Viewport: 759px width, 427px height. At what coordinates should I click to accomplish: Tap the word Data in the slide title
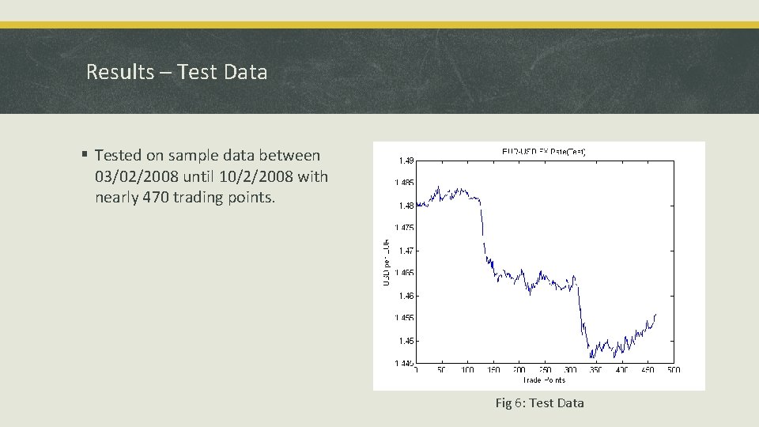(246, 72)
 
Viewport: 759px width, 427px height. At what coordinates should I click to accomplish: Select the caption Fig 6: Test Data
(539, 402)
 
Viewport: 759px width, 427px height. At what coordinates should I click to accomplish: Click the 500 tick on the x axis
(673, 370)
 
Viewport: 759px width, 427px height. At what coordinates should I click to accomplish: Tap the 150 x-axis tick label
(493, 370)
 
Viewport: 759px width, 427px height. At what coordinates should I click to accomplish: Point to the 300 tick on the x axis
(570, 370)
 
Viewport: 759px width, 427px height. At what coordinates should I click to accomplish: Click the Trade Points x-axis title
(544, 380)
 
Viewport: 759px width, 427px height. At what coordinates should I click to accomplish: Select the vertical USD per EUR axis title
(386, 261)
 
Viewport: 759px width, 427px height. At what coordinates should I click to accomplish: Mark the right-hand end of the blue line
(655, 315)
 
